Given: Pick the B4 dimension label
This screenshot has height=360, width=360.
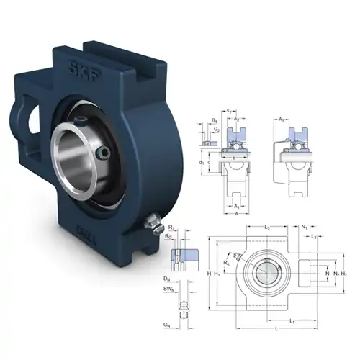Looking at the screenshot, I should coord(215,122).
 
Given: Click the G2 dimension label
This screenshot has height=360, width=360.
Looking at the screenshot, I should coord(217,130).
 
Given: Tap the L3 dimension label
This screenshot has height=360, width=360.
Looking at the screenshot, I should coord(268,228).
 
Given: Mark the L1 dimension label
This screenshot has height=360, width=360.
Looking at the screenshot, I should coord(291,320).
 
